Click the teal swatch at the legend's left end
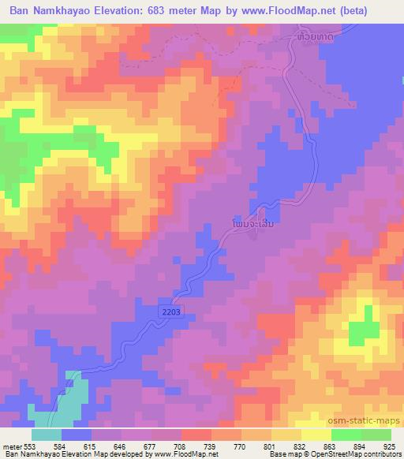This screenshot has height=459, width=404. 47,435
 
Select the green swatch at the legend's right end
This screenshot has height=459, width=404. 376,435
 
